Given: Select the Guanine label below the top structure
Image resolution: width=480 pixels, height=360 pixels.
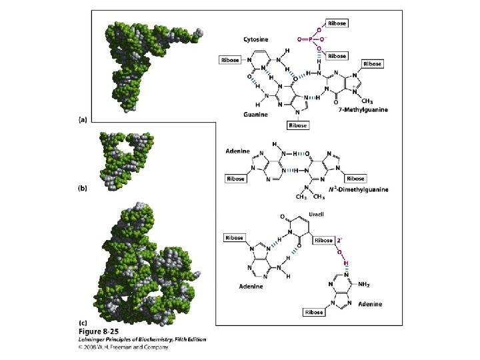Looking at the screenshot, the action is click(256, 114).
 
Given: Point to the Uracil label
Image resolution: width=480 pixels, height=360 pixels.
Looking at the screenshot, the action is click(316, 214).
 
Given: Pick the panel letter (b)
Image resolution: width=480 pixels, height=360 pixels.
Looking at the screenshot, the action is click(83, 189).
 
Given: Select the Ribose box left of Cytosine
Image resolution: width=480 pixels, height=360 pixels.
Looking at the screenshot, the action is click(230, 60).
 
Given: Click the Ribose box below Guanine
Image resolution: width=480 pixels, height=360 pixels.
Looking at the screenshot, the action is click(298, 125).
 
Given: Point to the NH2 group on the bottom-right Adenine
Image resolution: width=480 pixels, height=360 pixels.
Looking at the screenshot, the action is click(364, 284).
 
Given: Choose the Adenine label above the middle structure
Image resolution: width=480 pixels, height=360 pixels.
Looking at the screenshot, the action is click(238, 150).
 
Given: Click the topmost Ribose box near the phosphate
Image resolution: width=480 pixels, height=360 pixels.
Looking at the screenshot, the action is click(337, 23).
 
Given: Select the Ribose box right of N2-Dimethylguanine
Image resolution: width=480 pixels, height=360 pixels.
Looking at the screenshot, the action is click(355, 179).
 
